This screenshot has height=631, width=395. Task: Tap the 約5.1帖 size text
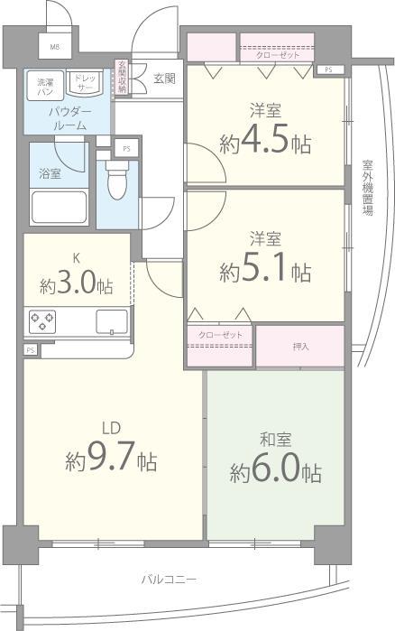click(265, 270)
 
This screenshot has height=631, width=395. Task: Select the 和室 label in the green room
click(275, 441)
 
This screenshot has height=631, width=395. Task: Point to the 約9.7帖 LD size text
click(111, 461)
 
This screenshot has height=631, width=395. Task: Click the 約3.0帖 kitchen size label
click(76, 286)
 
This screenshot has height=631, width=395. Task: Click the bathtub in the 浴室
click(60, 207)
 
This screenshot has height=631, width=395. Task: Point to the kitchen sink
click(112, 320)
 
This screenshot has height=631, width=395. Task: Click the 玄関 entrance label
click(163, 78)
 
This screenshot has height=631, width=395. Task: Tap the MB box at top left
click(54, 48)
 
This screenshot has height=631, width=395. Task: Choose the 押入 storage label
click(300, 347)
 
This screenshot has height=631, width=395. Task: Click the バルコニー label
click(169, 578)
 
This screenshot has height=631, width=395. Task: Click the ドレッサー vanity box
click(85, 84)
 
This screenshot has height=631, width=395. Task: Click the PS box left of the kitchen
click(31, 349)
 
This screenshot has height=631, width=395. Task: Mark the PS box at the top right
click(328, 69)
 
